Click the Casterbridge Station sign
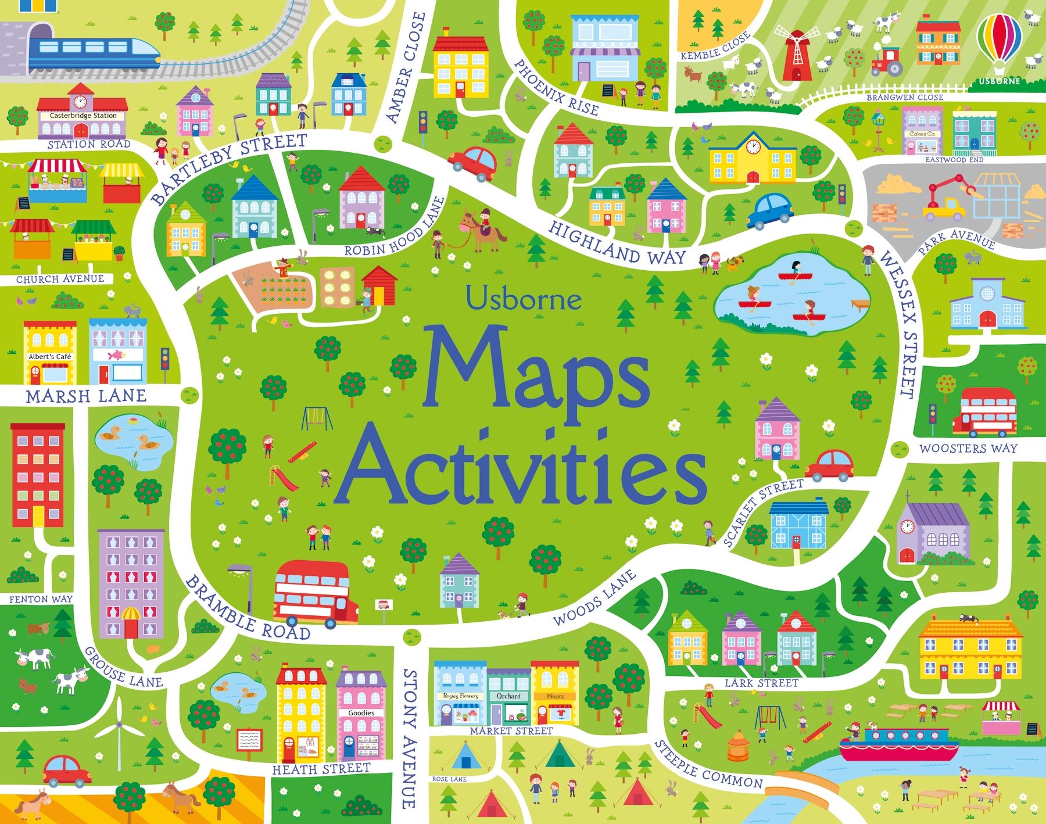coord(83,116)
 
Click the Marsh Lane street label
coord(86,396)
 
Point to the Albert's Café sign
coord(50,356)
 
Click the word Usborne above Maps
coord(523,299)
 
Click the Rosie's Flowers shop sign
coord(460,696)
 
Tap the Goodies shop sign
coord(361,712)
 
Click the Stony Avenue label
coord(410,738)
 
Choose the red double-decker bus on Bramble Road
coord(314,593)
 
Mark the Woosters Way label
coord(968,448)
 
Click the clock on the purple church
coord(907,527)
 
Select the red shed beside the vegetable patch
coord(381,285)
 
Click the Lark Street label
coord(761,683)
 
